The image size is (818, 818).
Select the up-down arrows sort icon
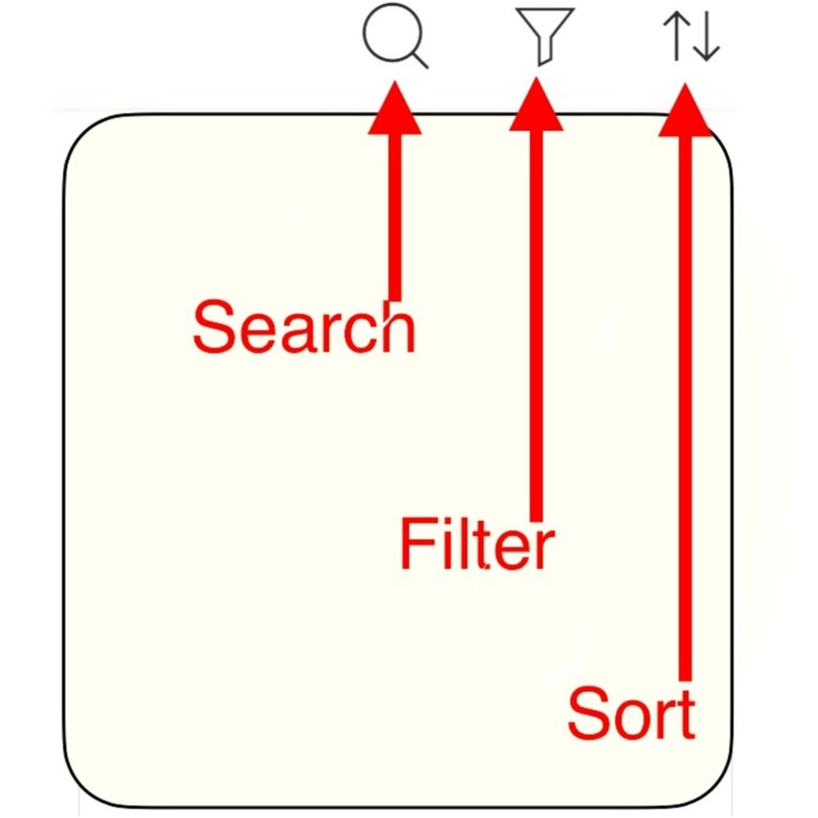coord(691,35)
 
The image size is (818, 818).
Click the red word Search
coord(304,328)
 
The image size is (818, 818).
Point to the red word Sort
coord(631,713)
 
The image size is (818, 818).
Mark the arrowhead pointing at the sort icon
coord(685,110)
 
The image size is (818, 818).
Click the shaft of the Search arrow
coord(395,218)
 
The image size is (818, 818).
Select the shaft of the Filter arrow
coord(537,326)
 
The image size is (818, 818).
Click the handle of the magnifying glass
coord(419,59)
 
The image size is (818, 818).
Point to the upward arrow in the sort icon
coord(676,35)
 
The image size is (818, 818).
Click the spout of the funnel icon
coord(545,54)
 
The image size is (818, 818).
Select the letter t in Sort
coord(686,716)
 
